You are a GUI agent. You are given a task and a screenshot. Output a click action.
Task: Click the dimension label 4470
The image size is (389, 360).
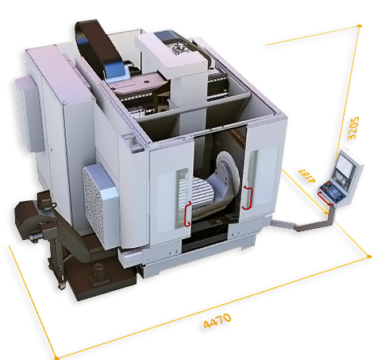218,321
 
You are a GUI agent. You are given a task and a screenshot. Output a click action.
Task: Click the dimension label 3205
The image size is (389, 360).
353,128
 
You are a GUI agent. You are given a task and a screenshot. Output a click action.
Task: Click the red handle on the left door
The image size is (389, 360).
187,214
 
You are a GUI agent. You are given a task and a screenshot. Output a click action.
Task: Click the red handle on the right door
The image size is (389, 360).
247,198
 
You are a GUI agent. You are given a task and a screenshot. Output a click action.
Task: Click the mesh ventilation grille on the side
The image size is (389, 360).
93,206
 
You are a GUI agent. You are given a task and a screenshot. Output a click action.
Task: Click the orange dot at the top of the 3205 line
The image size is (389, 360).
360,26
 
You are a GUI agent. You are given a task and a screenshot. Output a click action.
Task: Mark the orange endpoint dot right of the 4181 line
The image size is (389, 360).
370,257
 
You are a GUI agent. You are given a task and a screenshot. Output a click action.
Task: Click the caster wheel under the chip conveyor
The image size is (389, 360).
62,285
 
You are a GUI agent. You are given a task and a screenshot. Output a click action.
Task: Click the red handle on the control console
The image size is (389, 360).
325,199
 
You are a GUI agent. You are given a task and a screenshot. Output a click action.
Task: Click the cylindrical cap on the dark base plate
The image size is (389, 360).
99,272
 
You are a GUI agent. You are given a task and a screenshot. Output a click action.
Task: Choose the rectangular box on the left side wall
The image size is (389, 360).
28,114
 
